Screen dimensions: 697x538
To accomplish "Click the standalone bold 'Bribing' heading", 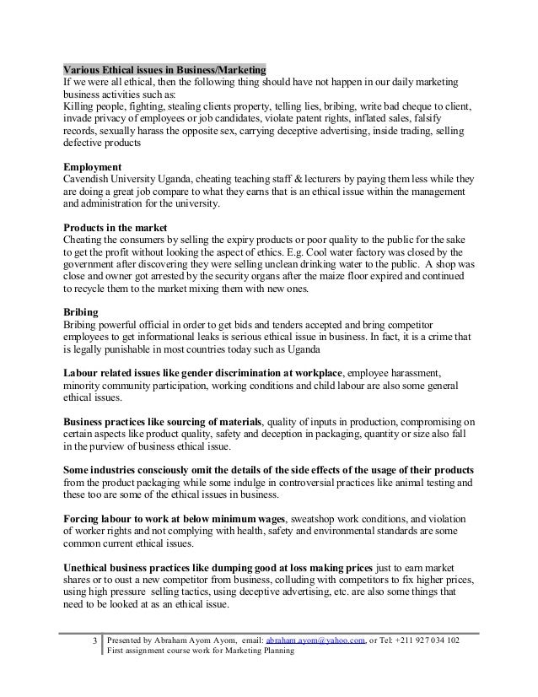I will (x=82, y=312).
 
